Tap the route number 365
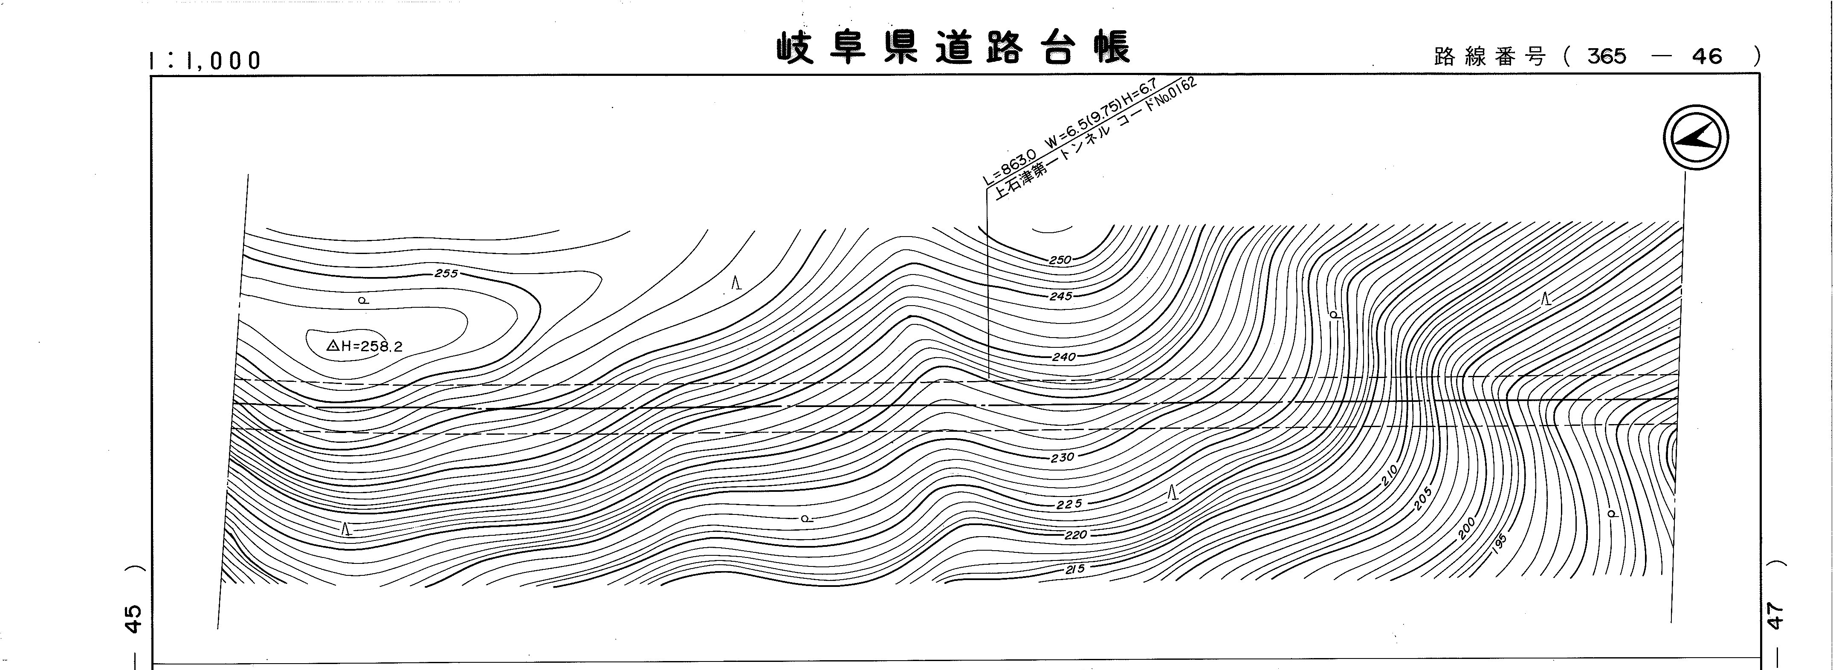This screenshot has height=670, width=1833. [x=1607, y=56]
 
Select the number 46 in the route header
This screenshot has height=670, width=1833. [x=1707, y=56]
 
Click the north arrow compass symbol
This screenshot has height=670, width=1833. [x=1696, y=137]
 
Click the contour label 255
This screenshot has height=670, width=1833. [x=446, y=273]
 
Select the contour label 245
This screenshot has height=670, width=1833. [x=1060, y=296]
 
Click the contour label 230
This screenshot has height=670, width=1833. [x=1062, y=457]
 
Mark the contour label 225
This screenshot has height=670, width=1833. [x=1069, y=504]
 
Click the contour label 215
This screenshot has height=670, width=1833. [x=1074, y=569]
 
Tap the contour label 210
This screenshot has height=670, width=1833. [x=1390, y=474]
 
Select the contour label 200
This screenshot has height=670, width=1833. [x=1467, y=528]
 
